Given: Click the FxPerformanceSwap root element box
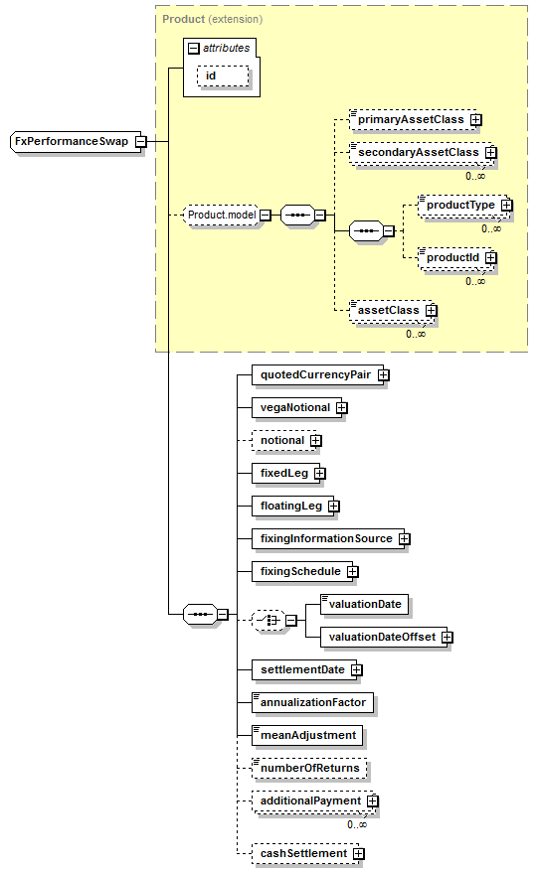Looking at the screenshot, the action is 73,141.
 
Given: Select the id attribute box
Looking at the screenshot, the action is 223,75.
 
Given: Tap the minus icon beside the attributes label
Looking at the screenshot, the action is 194,49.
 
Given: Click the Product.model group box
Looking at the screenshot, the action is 222,215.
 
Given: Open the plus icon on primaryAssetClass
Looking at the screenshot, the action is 475,120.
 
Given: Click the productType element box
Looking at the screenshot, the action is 462,205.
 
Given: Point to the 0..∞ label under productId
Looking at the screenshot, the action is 475,281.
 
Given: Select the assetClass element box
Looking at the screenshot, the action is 390,310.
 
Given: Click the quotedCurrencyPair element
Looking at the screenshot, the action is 318,374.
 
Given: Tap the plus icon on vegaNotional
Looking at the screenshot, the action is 341,408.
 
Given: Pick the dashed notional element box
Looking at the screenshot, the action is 283,440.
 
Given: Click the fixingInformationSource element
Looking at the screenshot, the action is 328,539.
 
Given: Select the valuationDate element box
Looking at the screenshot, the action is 365,604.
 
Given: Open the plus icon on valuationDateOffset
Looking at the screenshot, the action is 448,637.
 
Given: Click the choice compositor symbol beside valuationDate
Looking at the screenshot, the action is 269,620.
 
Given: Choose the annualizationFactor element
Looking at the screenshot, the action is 313,702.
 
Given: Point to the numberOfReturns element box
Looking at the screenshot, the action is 309,769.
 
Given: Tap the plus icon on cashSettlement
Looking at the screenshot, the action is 358,853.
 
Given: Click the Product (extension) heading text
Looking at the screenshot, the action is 213,20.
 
